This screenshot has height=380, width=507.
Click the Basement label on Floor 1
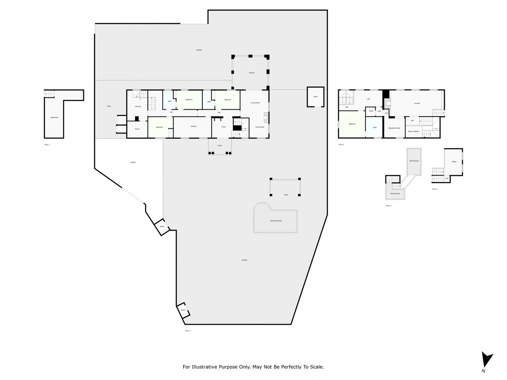tap(55, 117)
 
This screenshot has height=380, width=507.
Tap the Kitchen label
tap(194, 127)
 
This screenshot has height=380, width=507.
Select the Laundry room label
tap(138, 106)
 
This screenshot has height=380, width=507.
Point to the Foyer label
tap(224, 127)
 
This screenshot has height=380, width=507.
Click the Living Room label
tap(255, 103)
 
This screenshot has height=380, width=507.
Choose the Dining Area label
tap(260, 127)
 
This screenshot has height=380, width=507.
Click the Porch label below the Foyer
tap(220, 145)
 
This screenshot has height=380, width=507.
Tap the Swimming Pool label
tap(276, 221)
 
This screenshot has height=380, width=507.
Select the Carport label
tap(133, 163)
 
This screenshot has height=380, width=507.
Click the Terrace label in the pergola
tap(251, 73)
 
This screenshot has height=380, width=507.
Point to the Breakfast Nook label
tap(394, 128)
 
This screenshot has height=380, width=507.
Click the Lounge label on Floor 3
tap(417, 103)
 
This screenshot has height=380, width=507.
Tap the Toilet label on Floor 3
tap(371, 111)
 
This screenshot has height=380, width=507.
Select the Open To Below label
tap(413, 131)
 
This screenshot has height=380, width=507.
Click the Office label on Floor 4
tap(454, 162)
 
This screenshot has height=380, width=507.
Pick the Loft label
tap(368, 99)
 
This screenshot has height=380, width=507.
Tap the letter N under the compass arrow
tap(483, 371)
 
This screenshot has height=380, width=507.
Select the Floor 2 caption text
tap(188, 331)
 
